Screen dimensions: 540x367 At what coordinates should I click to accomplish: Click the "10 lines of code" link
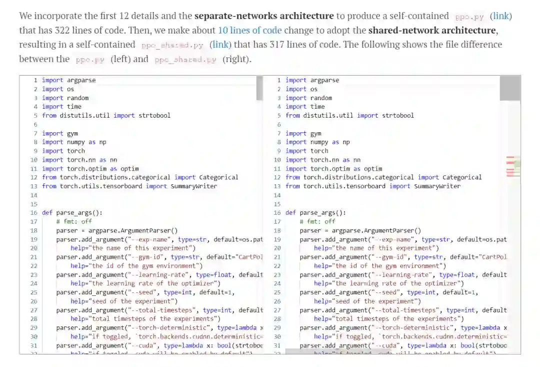pos(249,31)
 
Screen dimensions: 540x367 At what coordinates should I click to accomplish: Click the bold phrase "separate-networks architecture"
pos(264,16)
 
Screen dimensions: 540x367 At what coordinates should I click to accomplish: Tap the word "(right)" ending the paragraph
pos(237,59)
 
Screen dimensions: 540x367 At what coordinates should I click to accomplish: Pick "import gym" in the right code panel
pos(303,134)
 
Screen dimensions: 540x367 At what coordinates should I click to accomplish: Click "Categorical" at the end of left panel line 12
pos(218,177)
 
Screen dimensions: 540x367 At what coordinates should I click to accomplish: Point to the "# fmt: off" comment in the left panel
pos(74,221)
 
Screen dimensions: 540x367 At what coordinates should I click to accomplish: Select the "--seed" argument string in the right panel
pos(388,292)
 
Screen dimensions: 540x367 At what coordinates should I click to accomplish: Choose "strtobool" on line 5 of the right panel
pos(398,116)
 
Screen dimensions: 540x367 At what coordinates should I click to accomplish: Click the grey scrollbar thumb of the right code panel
pos(510,89)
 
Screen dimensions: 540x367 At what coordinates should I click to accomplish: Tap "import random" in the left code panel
pos(65,98)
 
